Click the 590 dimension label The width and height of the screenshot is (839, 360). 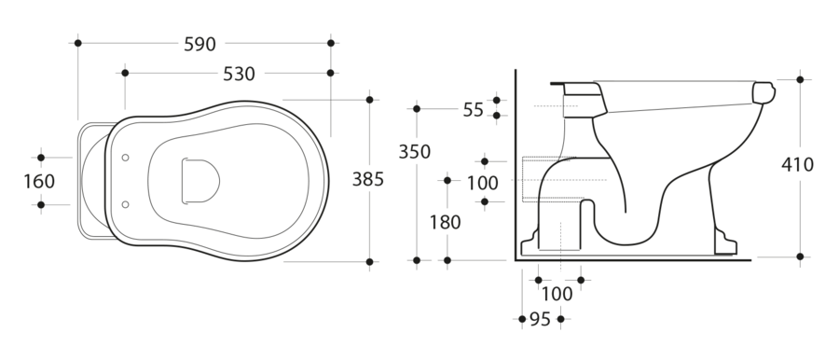tap(199, 44)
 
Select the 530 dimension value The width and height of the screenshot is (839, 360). tap(239, 74)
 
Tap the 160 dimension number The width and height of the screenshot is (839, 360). tap(39, 182)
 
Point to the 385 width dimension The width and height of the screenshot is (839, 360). tap(368, 179)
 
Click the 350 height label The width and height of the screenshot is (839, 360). tap(415, 152)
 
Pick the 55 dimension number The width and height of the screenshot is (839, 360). tap(473, 110)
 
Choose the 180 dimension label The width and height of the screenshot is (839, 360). tap(446, 222)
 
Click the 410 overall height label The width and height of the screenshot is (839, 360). tap(797, 164)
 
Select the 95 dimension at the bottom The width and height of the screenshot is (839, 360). tap(540, 319)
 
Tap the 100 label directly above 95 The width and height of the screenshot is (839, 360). tap(557, 294)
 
